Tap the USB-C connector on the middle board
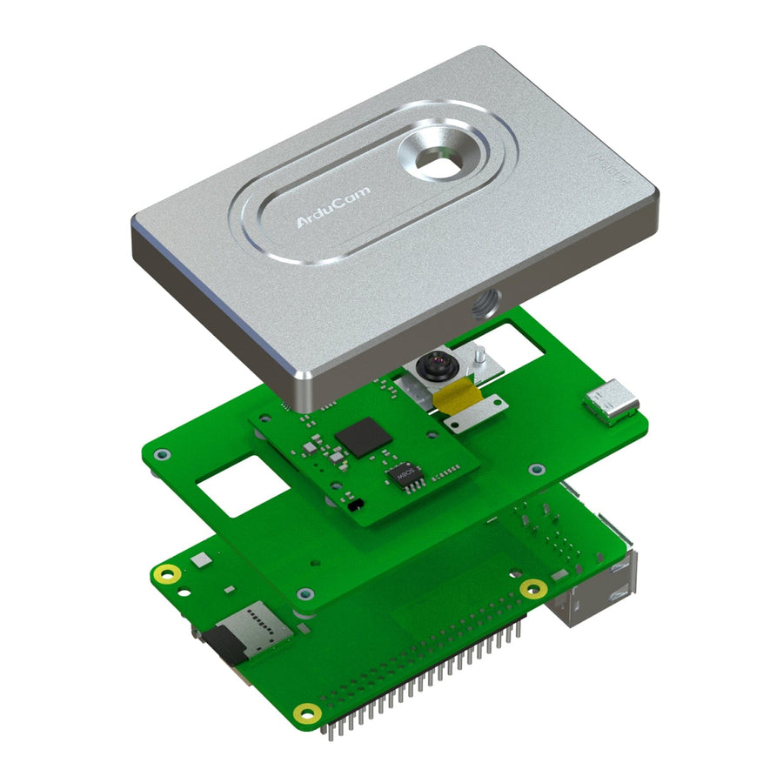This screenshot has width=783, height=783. (x=612, y=402)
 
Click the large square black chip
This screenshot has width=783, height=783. (x=360, y=437)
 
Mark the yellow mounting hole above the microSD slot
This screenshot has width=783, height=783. (x=166, y=573)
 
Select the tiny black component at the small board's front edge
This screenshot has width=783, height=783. (x=352, y=505)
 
